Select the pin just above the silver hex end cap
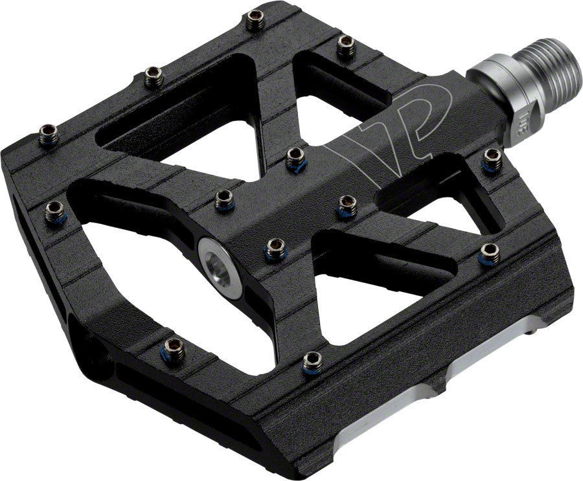(223, 199)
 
